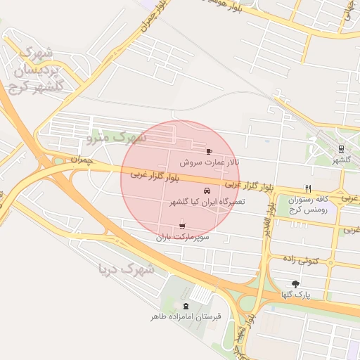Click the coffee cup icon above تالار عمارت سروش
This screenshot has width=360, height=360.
209,151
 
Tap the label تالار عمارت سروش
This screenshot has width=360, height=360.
209,162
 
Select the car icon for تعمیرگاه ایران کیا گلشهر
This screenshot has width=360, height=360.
206,191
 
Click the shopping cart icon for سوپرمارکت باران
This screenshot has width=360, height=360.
183,226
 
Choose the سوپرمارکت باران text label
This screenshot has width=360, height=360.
183,238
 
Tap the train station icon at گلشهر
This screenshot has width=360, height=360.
341,149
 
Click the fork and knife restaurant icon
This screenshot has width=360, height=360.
307,188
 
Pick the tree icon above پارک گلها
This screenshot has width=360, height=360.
295,283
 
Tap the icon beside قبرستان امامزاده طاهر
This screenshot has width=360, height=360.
186,306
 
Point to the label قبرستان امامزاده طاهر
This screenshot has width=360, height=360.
186,317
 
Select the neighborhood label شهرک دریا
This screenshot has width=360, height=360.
127,268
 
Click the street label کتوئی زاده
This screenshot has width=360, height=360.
319,261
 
